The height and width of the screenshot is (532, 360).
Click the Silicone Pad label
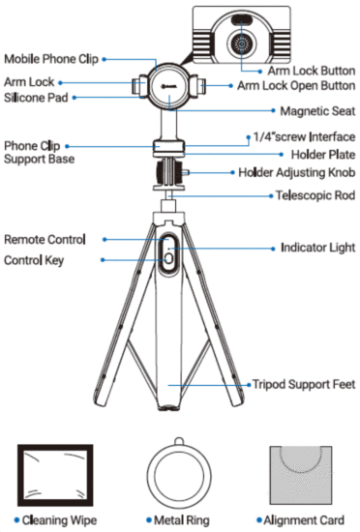coord(35,98)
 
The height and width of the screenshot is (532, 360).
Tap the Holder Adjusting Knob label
coord(297,173)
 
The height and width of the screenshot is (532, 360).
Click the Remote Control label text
coord(45,239)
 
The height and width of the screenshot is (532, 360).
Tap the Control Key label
coord(35,261)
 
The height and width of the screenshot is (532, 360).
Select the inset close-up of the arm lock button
coord(242,36)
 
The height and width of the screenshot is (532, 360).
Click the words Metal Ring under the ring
coord(184,520)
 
